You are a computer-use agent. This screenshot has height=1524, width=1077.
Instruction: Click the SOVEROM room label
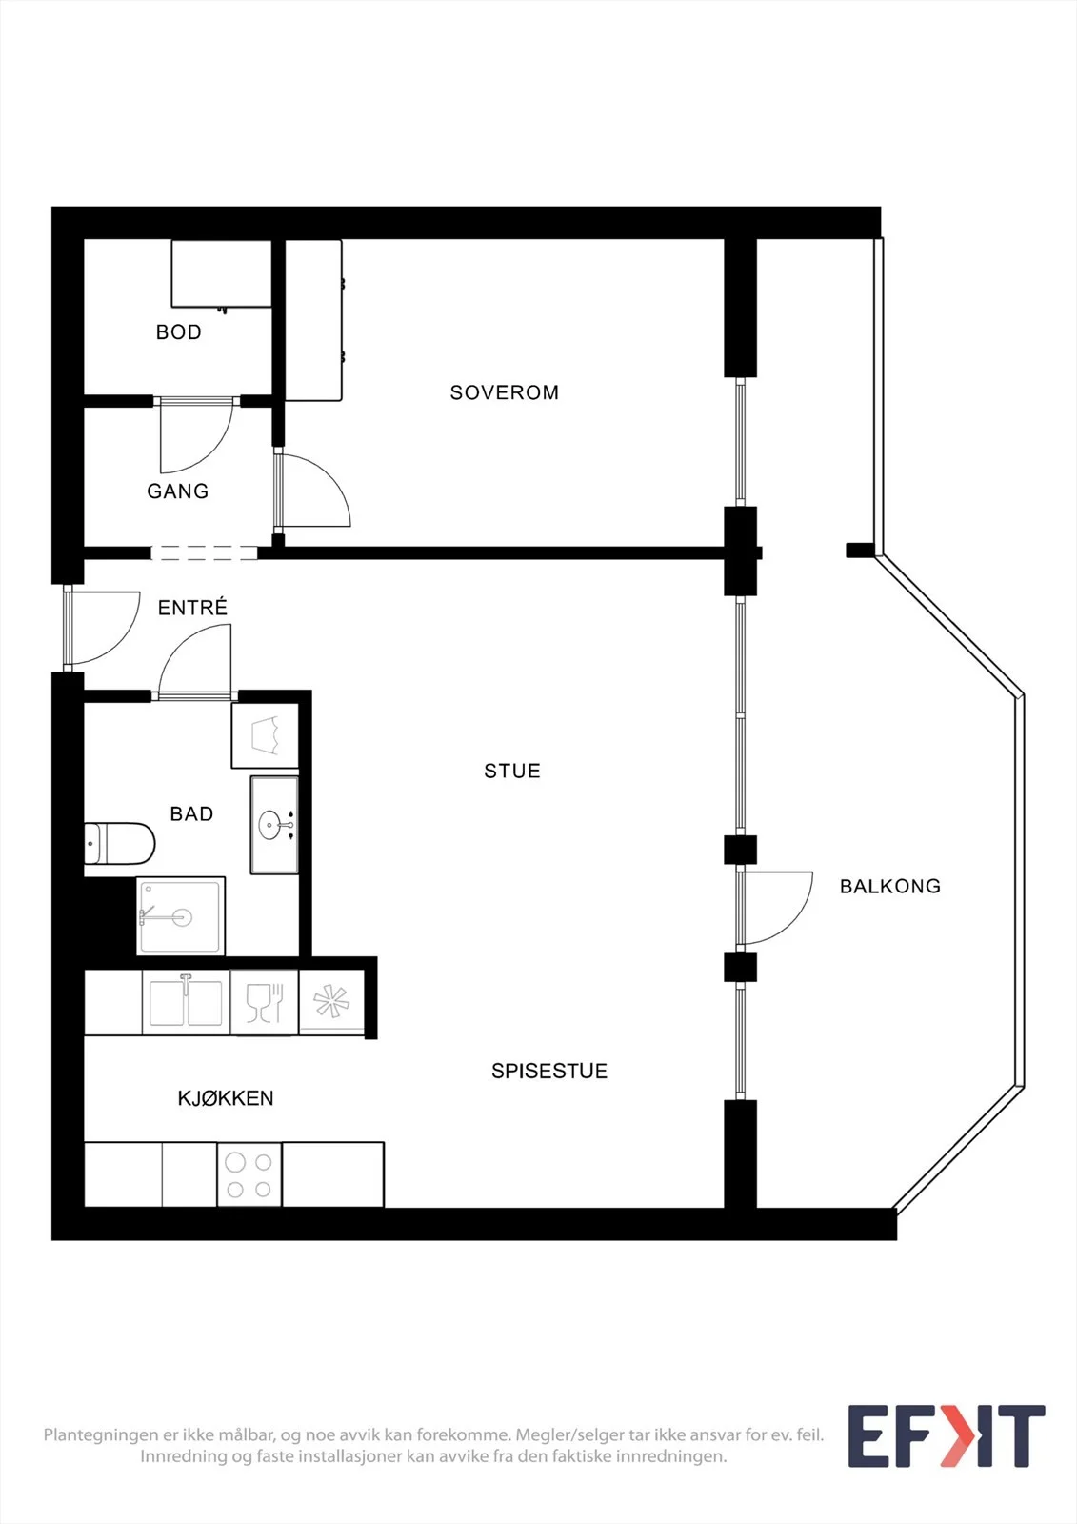[x=504, y=392]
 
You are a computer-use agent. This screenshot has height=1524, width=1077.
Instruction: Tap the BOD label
[x=179, y=332]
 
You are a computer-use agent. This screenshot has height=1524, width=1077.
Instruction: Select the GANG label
[x=177, y=491]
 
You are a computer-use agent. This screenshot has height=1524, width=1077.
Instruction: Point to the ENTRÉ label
[x=192, y=607]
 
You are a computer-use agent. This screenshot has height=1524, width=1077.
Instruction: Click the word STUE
[x=512, y=771]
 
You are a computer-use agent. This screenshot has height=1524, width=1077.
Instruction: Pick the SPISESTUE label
[x=549, y=1071]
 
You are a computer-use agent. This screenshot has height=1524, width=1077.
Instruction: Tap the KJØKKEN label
[x=225, y=1098]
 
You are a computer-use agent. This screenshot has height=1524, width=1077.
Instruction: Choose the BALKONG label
[x=890, y=886]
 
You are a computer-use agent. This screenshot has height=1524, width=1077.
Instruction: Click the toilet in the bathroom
[x=120, y=844]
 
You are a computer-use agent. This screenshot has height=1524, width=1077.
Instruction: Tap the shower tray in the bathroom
[x=180, y=916]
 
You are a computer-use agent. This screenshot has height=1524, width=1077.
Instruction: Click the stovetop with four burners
[x=249, y=1174]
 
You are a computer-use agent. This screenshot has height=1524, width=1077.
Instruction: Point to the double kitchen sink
[x=186, y=1002]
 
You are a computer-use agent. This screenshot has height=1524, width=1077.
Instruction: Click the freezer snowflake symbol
[x=331, y=1001]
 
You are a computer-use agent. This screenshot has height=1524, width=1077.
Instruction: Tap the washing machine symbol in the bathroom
[x=266, y=735]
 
